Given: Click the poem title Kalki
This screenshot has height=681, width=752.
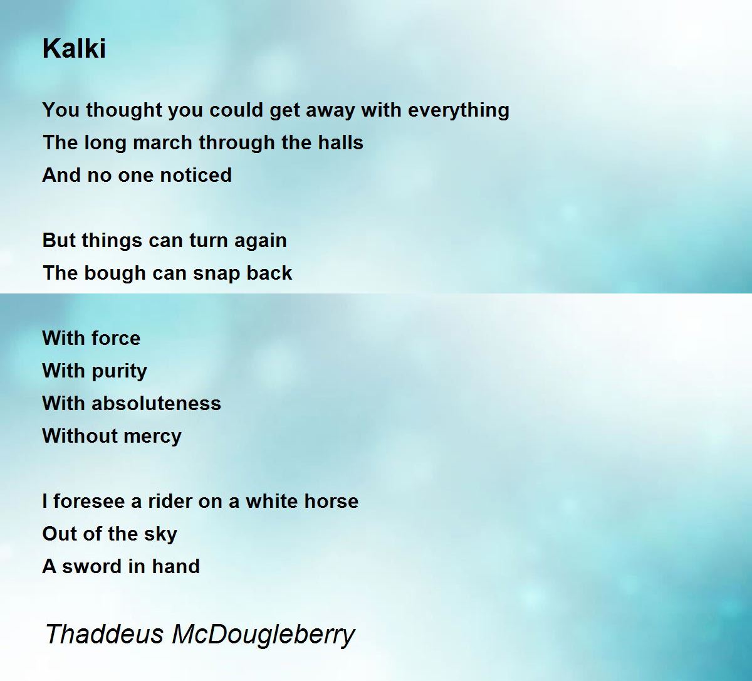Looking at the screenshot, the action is coord(74,48).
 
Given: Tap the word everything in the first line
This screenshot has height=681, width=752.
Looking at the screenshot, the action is coord(459,111).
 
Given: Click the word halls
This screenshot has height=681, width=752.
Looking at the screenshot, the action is coord(341,142).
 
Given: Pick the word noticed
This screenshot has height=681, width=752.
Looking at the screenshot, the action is coord(196,175).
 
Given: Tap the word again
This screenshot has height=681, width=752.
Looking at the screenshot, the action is coord(261,241).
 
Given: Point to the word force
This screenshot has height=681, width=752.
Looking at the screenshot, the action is coord(116,338).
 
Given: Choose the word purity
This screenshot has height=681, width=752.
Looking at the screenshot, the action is coord(119,371).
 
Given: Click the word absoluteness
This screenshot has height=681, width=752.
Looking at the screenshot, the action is coord(156,403).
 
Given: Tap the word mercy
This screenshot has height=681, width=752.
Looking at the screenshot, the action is coord(152,436).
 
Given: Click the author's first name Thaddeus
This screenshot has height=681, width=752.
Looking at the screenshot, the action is coord(104,635).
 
